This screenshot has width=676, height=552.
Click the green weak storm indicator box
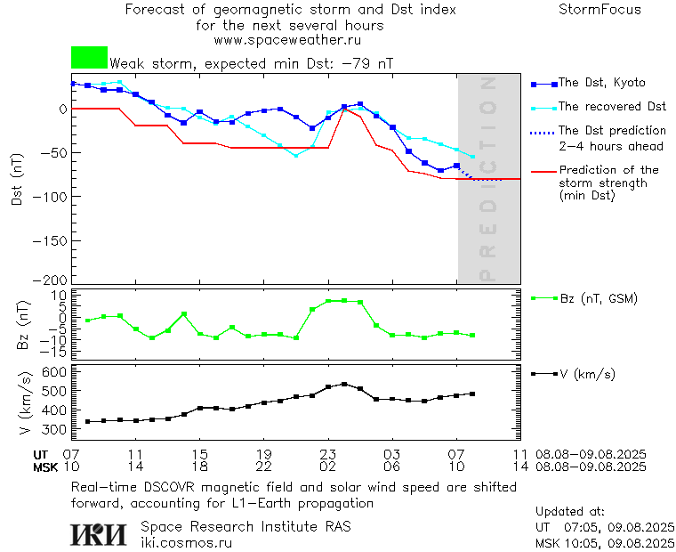point(89,58)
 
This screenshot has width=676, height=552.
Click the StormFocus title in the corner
point(600,10)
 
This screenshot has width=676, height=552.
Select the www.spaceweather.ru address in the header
point(287,40)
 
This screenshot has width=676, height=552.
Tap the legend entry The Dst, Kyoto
point(601,83)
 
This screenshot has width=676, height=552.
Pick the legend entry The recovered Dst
point(612,106)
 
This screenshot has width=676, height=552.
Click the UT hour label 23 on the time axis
point(327,454)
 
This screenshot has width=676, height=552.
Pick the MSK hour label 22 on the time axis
point(263,467)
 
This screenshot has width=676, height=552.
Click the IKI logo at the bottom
point(100,534)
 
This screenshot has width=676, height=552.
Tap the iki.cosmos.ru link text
point(186,542)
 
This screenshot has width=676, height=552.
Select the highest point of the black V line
point(344,384)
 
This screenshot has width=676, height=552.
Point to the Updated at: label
point(570,512)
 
